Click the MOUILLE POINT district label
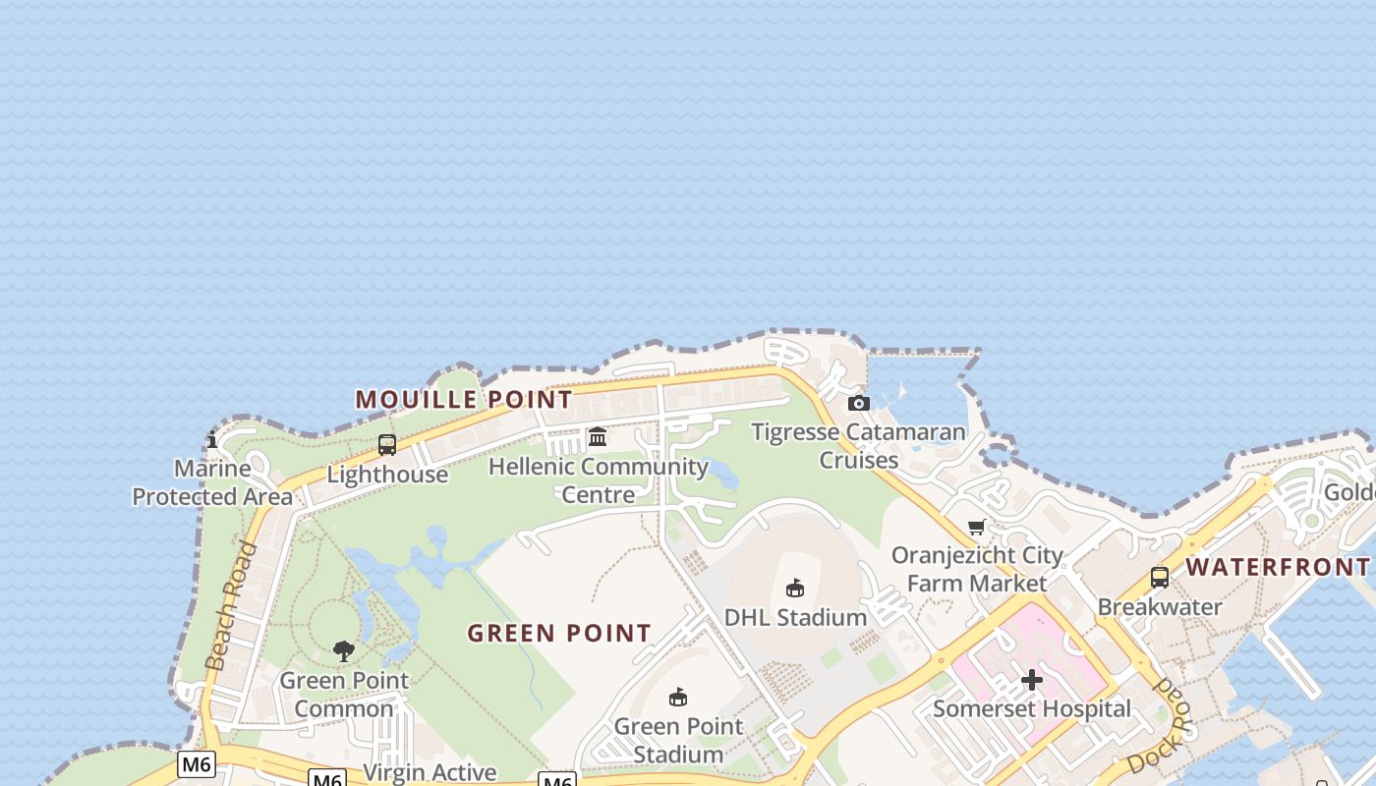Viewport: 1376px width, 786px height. (x=463, y=400)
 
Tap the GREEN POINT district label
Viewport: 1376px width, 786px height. (x=559, y=634)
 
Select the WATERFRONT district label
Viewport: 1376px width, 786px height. (x=1277, y=567)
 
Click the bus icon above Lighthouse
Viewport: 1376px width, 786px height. (x=387, y=445)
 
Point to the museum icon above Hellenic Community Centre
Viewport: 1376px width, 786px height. (x=598, y=436)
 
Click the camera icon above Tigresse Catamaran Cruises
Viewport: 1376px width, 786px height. (x=858, y=403)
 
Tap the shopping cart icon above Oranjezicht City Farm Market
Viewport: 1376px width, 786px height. (x=977, y=527)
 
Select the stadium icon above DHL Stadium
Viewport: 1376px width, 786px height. (x=795, y=589)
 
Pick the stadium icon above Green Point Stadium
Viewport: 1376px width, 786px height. (x=677, y=698)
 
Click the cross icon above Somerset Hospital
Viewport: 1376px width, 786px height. (x=1032, y=680)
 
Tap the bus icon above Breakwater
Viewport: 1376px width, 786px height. (x=1160, y=578)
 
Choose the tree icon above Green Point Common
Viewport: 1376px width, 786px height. (x=343, y=650)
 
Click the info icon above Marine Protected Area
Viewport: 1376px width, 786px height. (x=212, y=440)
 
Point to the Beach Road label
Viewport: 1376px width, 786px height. (x=231, y=606)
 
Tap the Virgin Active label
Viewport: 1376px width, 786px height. (x=430, y=772)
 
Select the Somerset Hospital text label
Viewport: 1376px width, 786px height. (x=1032, y=708)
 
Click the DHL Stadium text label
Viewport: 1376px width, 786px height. (x=795, y=617)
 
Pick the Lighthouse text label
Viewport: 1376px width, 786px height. (x=387, y=475)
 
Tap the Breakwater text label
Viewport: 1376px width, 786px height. (x=1160, y=606)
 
